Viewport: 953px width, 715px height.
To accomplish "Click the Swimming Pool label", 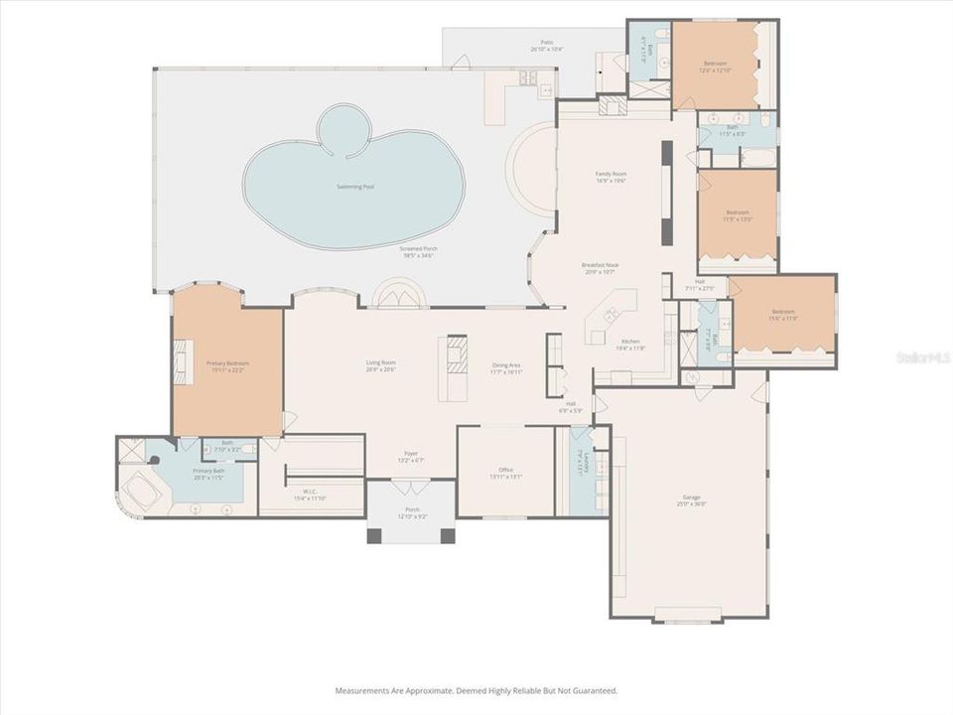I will [354, 186].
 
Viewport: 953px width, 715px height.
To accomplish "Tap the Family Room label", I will [611, 174].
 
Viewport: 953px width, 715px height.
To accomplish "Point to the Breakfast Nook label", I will [602, 265].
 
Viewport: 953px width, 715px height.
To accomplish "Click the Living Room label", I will [381, 363].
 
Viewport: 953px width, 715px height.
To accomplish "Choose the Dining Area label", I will [507, 365].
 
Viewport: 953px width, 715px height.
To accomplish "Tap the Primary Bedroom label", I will [227, 363].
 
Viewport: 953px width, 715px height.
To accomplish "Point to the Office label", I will [506, 470].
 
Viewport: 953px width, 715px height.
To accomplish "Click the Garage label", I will [691, 497].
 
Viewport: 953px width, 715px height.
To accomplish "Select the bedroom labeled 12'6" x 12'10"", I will [716, 64].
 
